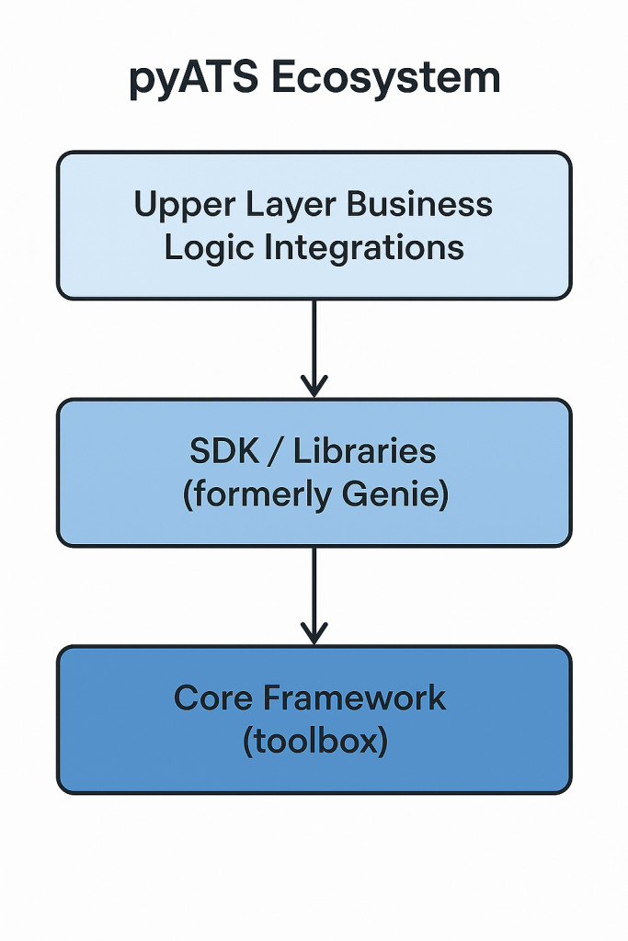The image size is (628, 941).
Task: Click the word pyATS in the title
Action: (189, 80)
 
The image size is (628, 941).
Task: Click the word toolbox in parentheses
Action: (315, 742)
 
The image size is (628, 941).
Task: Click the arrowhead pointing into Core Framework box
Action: (314, 633)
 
